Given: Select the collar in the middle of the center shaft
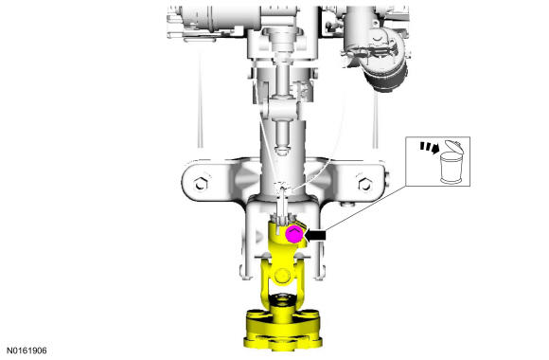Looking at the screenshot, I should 282,97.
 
